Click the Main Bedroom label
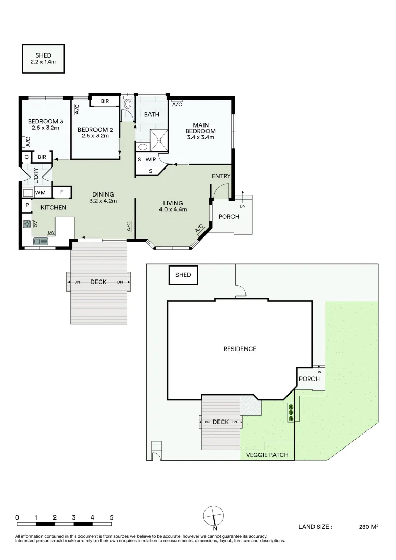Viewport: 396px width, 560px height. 200,128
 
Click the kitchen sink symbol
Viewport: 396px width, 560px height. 40,241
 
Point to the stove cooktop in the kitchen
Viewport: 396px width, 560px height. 27,225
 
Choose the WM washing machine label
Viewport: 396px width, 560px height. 40,193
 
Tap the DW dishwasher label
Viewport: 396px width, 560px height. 51,233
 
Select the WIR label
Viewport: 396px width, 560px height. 151,159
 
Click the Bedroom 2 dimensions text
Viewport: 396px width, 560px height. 95,136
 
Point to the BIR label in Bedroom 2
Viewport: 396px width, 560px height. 105,101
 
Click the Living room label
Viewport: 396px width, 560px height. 173,203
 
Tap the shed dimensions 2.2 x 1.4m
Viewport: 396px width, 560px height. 43,61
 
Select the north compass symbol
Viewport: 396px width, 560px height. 214,517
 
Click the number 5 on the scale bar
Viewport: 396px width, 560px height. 111,517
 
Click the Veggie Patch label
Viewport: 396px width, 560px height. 267,455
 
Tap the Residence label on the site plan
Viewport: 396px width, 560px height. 240,349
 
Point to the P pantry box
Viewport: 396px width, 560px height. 26,206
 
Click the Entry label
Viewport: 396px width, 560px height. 221,176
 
